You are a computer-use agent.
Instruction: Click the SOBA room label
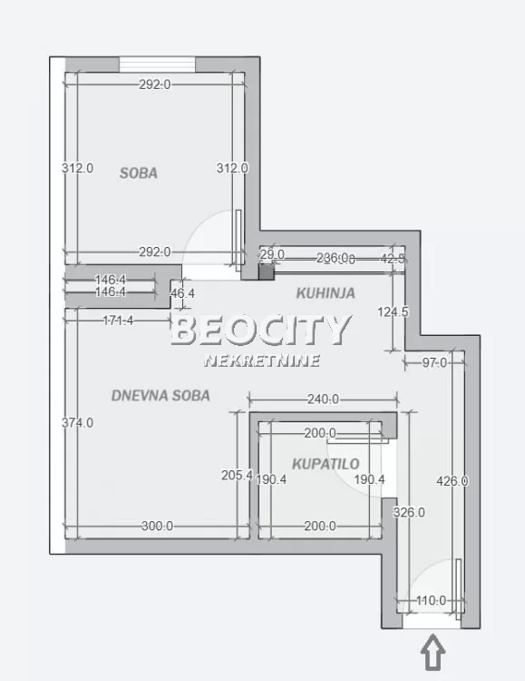point(139,173)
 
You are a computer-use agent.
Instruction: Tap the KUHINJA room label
point(326,293)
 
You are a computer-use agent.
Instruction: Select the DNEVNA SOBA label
point(160,395)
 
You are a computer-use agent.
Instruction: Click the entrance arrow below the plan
point(433,654)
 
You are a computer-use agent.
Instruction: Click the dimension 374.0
point(78,422)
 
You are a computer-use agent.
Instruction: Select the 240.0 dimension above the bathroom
point(323,399)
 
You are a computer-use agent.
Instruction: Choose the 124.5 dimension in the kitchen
point(393,311)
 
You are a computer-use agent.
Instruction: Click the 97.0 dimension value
point(435,363)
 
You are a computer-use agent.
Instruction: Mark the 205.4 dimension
point(237,475)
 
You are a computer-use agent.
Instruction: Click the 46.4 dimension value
point(182,293)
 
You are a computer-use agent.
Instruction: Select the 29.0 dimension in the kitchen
point(273,254)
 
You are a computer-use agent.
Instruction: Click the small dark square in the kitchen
point(266,270)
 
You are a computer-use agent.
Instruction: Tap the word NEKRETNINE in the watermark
point(262,360)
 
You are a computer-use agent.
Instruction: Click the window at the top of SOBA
point(158,64)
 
